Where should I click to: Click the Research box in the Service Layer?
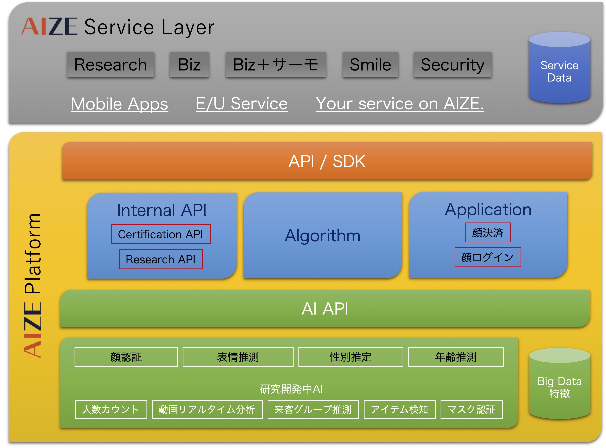[x=111, y=65]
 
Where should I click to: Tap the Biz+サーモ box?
[x=276, y=65]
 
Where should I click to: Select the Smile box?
[x=370, y=65]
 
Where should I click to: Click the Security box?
[x=452, y=65]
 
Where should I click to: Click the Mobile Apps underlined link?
[x=120, y=104]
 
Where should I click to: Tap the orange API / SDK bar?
[x=327, y=161]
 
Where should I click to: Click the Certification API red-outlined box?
[x=161, y=234]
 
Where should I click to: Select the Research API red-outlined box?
[x=161, y=259]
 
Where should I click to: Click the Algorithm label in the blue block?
[x=322, y=235]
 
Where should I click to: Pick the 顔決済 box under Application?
[x=488, y=232]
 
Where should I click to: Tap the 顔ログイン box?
[x=488, y=257]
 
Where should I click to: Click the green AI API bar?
[x=324, y=309]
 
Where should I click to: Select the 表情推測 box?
[x=238, y=357]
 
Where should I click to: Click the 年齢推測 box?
[x=456, y=357]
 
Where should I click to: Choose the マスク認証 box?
[x=471, y=409]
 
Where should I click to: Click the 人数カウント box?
[x=111, y=409]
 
